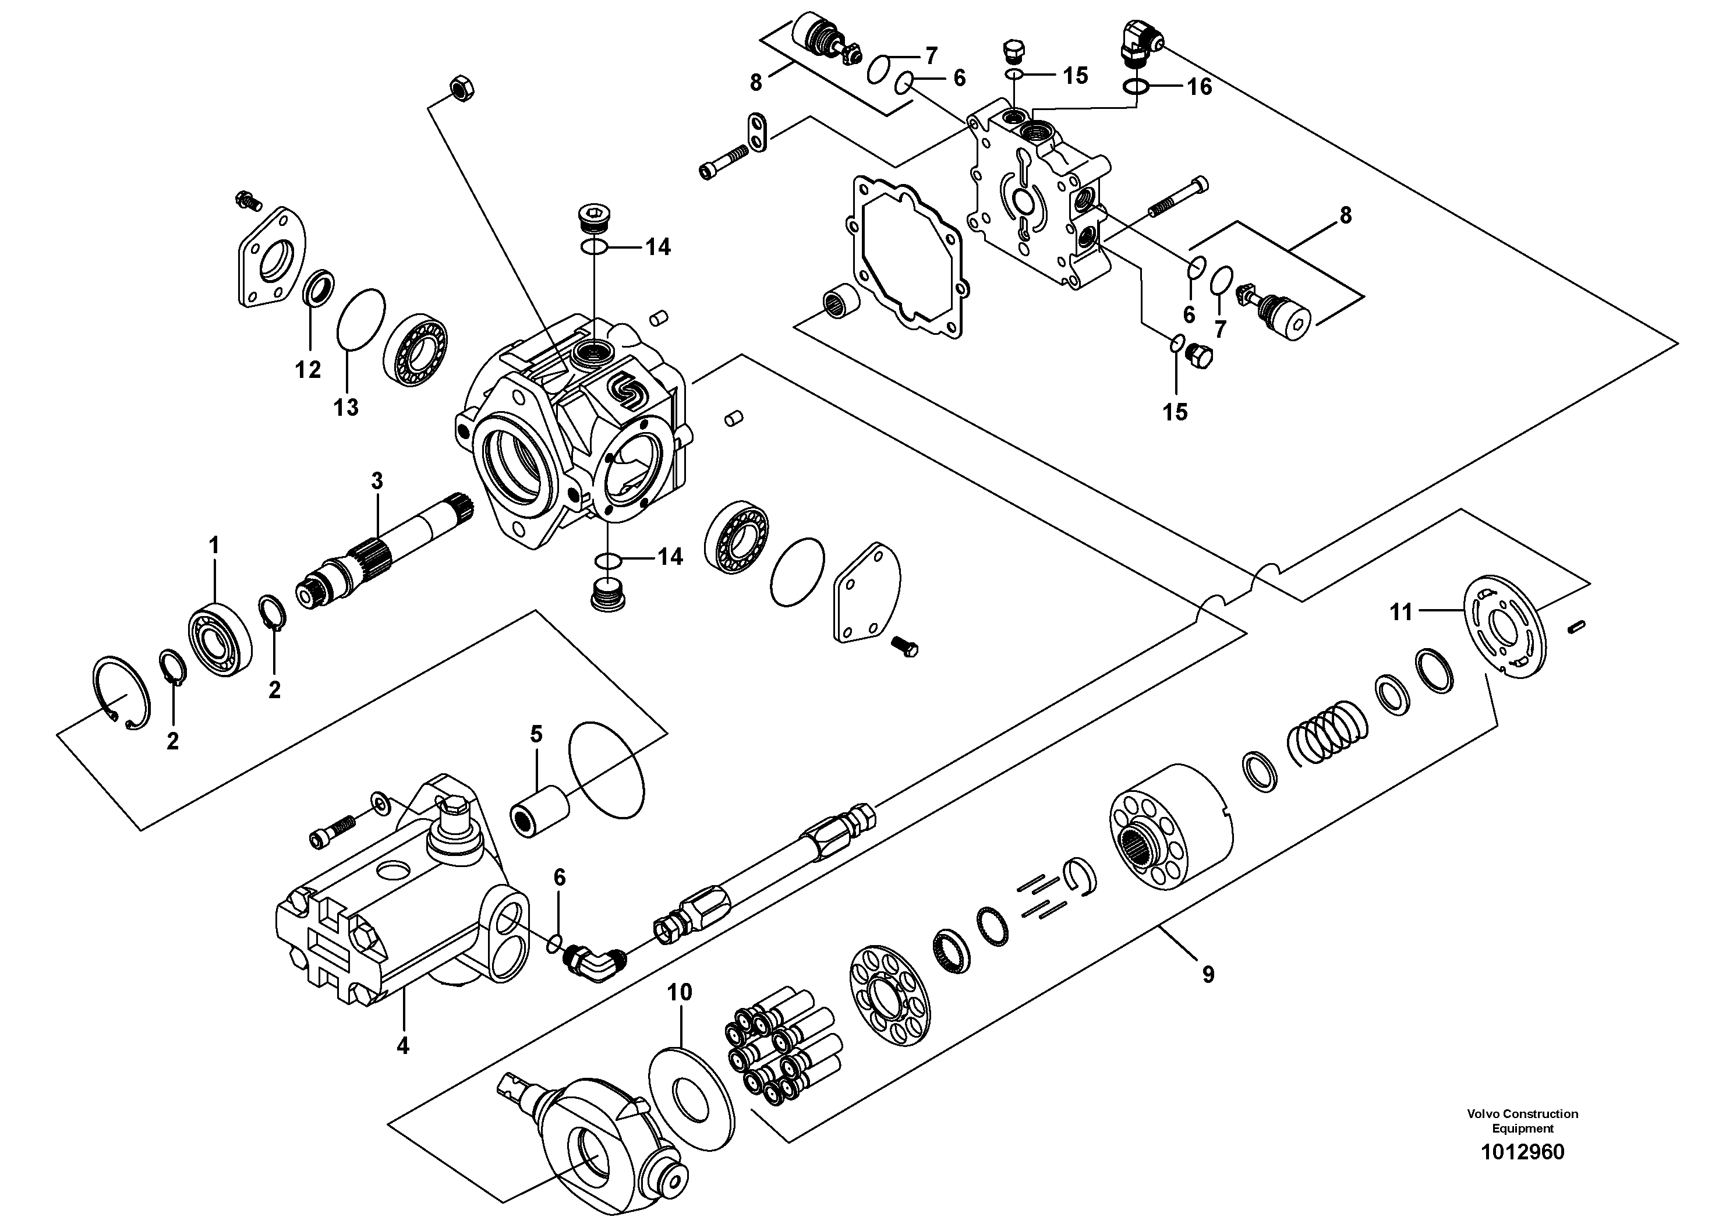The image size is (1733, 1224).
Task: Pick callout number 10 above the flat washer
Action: pyautogui.click(x=680, y=992)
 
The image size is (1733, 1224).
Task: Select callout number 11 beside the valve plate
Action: pyautogui.click(x=1401, y=612)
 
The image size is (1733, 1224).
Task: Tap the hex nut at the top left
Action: pyautogui.click(x=459, y=89)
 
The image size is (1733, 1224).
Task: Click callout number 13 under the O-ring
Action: pyautogui.click(x=346, y=408)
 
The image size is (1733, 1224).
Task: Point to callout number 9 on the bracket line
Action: pyautogui.click(x=1208, y=974)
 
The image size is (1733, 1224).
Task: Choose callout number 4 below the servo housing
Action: pyautogui.click(x=402, y=1046)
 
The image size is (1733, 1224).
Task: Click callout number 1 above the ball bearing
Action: pyautogui.click(x=214, y=545)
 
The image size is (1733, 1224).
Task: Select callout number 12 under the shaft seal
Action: pyautogui.click(x=308, y=369)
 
